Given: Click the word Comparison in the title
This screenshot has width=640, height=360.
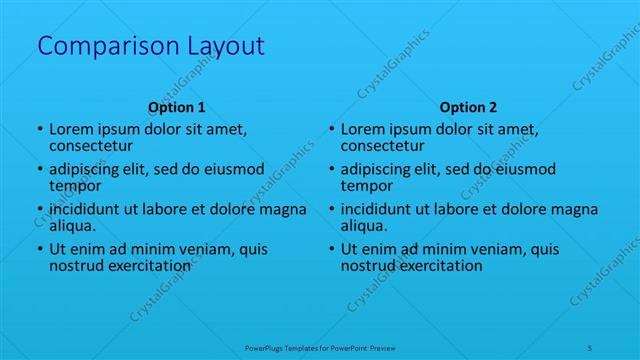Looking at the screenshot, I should (x=100, y=46).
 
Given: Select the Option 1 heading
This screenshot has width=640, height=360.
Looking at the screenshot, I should (x=177, y=107).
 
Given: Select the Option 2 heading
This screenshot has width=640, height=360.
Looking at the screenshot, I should (x=468, y=107).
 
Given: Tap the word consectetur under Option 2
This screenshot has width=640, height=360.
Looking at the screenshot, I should (x=382, y=146).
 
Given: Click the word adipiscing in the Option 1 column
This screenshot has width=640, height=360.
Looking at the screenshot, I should (x=88, y=169).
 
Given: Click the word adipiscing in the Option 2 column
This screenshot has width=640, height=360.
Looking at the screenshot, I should (x=380, y=169).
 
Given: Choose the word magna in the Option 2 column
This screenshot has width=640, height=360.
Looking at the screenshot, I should (x=575, y=209).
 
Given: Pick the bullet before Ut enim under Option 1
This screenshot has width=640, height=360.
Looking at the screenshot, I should (x=39, y=249).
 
